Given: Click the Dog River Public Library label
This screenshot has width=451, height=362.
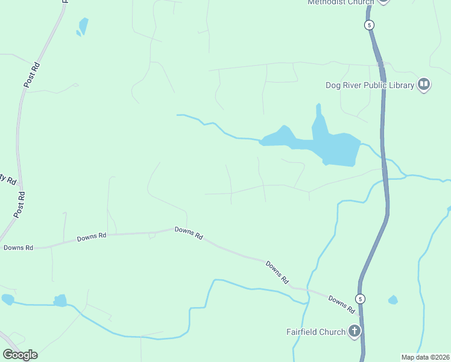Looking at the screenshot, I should [370, 85].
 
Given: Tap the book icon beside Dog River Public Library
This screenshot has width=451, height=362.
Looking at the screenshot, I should [424, 84].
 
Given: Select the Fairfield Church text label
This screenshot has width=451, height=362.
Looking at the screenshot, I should [315, 332].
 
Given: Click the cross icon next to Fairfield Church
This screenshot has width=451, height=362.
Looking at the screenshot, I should [355, 331].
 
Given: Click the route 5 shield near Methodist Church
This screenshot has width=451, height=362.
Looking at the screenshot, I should [370, 25].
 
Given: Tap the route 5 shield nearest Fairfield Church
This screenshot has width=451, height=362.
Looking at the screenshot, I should [360, 299].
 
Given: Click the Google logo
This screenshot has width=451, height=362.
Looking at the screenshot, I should [20, 355].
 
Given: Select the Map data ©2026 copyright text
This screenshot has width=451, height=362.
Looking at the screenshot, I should [425, 357].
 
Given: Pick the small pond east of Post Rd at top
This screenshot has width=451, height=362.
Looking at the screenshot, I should [83, 26].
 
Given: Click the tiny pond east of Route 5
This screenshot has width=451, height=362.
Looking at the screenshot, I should [393, 300].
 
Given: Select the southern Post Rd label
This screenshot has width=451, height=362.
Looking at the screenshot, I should [20, 205].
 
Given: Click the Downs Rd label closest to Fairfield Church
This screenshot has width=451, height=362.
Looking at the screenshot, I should [341, 304].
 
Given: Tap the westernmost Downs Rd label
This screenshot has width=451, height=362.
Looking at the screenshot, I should [18, 247].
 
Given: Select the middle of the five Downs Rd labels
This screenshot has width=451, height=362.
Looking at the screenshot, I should [188, 233].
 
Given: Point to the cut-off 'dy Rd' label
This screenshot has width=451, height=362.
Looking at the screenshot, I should [7, 179].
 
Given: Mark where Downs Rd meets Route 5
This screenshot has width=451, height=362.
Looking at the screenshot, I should [360, 316].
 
